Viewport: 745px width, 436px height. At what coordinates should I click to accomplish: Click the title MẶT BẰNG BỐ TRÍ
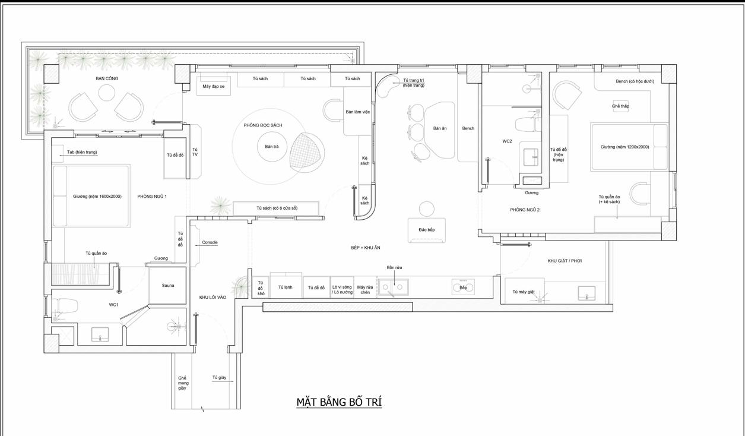pos(339,402)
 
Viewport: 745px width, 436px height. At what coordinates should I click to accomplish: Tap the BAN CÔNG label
pos(107,78)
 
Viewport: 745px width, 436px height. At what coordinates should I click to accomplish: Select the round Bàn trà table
pos(272,147)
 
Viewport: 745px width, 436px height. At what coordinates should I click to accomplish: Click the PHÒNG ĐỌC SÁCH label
pos(263,125)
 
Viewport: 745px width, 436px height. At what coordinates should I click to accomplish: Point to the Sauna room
pos(167,285)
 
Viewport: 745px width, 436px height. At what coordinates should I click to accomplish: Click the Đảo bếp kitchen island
pos(427,230)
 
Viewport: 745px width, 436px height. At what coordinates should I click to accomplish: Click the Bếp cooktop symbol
pos(463,287)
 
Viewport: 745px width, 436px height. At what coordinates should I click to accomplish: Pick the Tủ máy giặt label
pos(524,292)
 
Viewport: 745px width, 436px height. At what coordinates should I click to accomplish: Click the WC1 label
pos(113,305)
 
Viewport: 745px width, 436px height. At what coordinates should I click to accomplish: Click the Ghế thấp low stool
pos(620,106)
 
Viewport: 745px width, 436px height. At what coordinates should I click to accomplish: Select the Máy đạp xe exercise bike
pos(214,86)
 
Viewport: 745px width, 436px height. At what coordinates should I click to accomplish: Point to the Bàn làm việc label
pos(357,112)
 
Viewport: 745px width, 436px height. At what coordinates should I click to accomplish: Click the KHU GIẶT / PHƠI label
pos(565,261)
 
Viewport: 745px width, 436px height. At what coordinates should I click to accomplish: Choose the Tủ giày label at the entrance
pos(219,377)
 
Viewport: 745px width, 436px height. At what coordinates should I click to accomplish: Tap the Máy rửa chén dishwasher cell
pos(365,287)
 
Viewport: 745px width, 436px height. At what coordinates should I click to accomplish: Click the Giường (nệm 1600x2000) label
pos(97,197)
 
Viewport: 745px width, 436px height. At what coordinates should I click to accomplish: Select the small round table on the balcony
pos(107,93)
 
